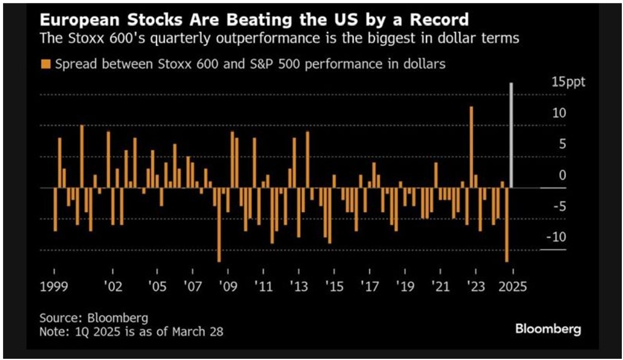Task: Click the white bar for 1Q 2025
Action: pyautogui.click(x=511, y=135)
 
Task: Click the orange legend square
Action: pyautogui.click(x=45, y=64)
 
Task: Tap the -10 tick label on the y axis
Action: pyautogui.click(x=559, y=237)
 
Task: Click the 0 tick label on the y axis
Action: pyautogui.click(x=562, y=175)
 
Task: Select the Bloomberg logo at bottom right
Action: pyautogui.click(x=548, y=329)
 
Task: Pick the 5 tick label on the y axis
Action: pyautogui.click(x=562, y=144)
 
